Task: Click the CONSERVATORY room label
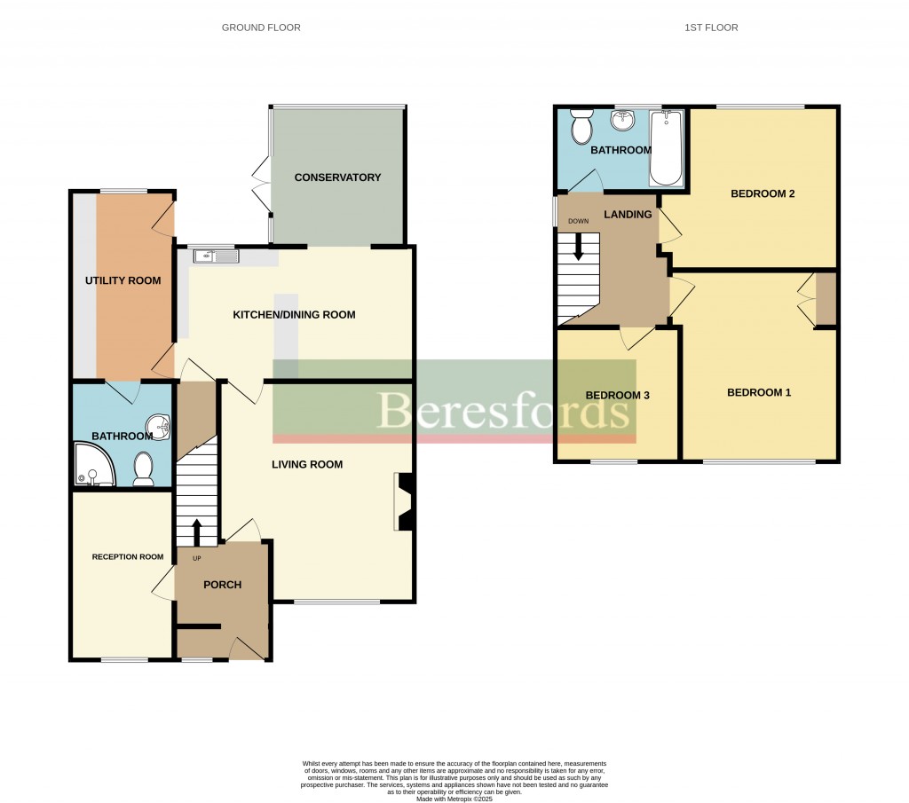[x=337, y=177]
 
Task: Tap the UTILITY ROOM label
[x=123, y=280]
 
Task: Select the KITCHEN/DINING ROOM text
[x=294, y=315]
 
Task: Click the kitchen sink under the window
[x=216, y=256]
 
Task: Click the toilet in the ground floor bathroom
[x=143, y=469]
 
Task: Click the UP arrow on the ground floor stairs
[x=196, y=531]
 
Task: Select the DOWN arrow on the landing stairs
[x=578, y=246]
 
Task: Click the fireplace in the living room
[x=403, y=501]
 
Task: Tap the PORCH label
[x=223, y=585]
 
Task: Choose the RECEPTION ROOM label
[x=128, y=557]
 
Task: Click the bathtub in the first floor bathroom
[x=666, y=147]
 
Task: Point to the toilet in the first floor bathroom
[x=582, y=129]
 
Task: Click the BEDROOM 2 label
[x=763, y=193]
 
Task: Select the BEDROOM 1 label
[x=758, y=393]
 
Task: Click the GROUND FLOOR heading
[x=261, y=28]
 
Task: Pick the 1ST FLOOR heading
[x=711, y=28]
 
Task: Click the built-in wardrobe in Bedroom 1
[x=826, y=300]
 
